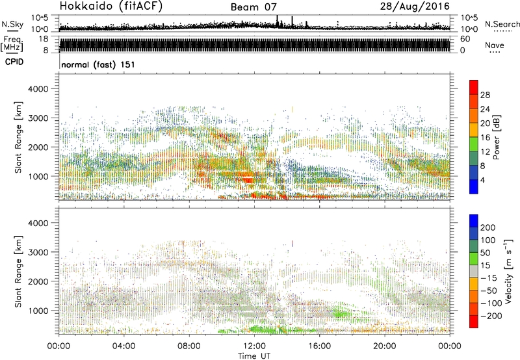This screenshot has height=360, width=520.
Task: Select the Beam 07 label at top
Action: point(259,7)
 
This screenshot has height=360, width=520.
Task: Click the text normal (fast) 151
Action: point(97,65)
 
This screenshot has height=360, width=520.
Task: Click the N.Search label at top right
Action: point(500,23)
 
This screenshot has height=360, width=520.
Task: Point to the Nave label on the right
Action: point(495,45)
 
